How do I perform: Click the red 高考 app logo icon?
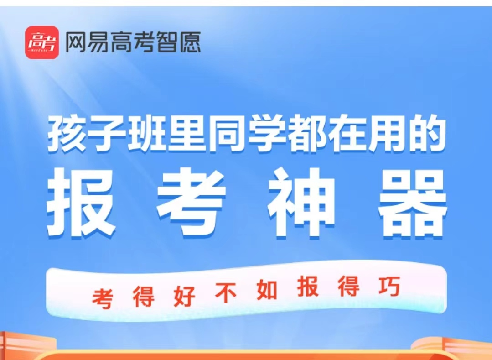(42, 42)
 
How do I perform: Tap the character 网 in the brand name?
(75, 42)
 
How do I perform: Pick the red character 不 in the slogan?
(226, 293)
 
